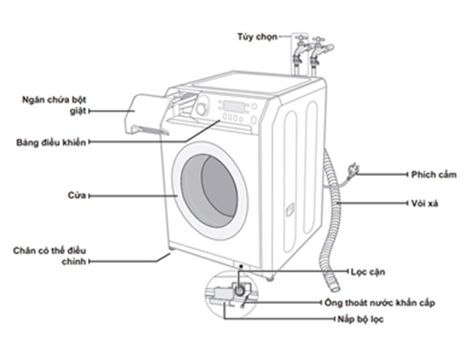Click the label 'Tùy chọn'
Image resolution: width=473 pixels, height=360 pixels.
[x=257, y=36]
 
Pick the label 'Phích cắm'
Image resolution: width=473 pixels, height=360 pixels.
[x=432, y=175]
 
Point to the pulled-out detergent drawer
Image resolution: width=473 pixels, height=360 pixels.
[x=145, y=113]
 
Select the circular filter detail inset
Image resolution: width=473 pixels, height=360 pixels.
[x=230, y=295]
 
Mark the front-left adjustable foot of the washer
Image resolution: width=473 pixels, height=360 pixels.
[x=169, y=253]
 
